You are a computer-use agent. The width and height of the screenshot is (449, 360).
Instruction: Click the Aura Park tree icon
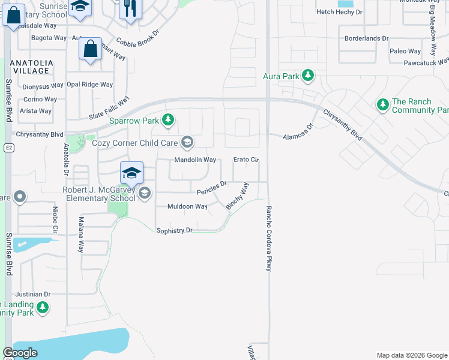click(308, 76)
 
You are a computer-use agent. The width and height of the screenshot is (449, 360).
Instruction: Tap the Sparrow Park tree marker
click(168, 121)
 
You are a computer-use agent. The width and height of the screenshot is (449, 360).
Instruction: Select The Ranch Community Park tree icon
click(382, 106)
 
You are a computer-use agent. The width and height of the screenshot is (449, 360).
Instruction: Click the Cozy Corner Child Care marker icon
click(187, 142)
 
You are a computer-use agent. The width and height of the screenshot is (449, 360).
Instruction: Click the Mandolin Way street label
click(195, 160)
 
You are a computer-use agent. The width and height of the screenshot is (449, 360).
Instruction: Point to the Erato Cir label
click(246, 160)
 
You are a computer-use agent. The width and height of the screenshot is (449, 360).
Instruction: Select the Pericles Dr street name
click(212, 188)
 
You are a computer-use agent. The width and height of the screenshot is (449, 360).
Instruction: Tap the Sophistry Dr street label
click(174, 230)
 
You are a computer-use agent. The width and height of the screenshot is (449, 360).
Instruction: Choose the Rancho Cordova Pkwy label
click(269, 239)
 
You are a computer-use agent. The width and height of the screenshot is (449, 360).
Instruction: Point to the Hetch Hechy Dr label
click(339, 12)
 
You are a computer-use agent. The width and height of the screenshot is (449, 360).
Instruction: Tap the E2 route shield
click(8, 147)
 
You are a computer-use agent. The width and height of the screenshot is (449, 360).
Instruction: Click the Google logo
click(20, 353)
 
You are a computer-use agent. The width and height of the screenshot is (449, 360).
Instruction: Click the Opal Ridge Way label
click(89, 85)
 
